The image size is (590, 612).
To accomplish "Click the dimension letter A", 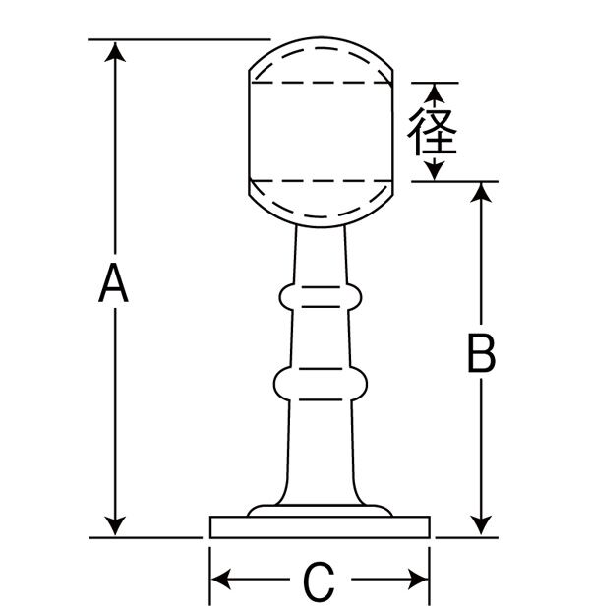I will [115, 285].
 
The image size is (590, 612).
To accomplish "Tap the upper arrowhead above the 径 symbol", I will [434, 92].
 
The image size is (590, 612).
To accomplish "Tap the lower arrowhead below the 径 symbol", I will [434, 172].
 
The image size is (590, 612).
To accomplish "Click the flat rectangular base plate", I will [321, 527].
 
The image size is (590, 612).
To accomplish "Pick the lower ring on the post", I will [320, 383].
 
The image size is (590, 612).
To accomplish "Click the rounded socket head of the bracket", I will [321, 133].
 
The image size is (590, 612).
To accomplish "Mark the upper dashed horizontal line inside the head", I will [321, 83].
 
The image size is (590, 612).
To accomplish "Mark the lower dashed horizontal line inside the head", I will [321, 180].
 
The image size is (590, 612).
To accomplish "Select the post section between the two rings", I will [320, 338].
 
